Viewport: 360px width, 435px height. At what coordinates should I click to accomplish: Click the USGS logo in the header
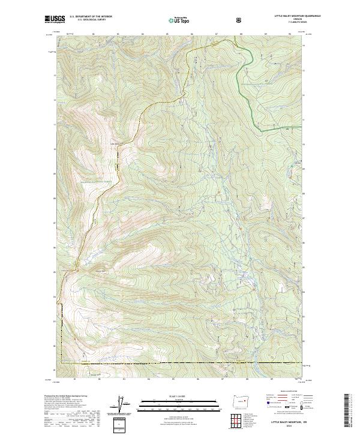(x=55, y=20)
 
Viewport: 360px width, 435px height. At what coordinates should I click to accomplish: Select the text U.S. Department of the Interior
(x=91, y=17)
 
